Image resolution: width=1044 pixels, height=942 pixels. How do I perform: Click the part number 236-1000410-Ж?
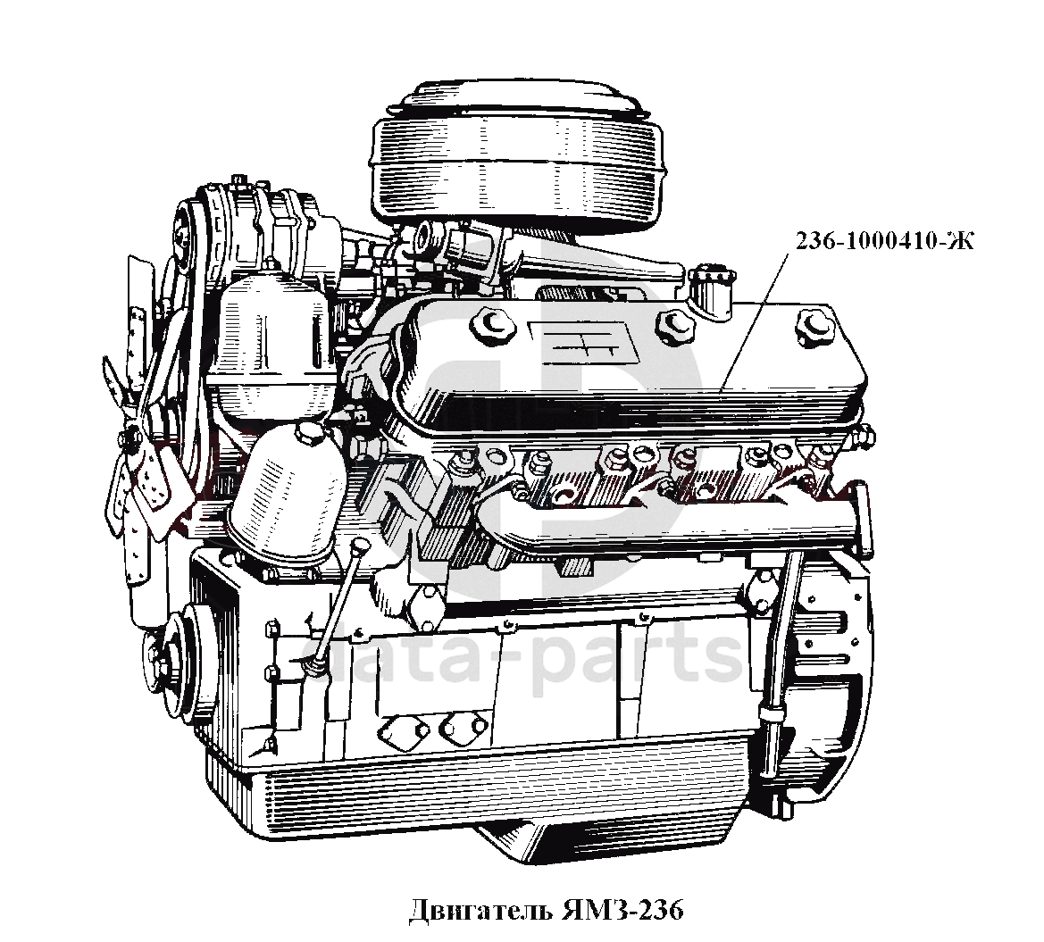(x=885, y=240)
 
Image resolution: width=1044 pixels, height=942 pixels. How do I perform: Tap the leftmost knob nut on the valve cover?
(x=493, y=323)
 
